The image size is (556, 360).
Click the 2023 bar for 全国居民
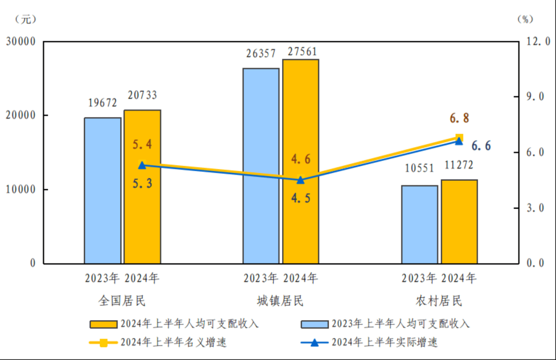click(102, 190)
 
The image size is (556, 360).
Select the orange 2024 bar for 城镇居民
click(300, 161)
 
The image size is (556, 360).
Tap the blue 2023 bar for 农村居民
click(420, 224)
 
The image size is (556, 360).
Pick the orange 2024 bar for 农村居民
click(459, 222)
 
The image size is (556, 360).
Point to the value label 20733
click(142, 95)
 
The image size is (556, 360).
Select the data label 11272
click(459, 165)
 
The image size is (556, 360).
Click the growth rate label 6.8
click(459, 118)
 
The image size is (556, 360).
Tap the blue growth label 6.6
click(481, 146)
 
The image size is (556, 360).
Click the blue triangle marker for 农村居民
click(459, 141)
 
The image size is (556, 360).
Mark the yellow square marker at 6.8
click(459, 137)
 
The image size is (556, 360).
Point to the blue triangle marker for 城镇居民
click(300, 180)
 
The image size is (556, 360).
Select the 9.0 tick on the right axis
click(535, 97)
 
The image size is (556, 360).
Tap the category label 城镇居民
click(280, 301)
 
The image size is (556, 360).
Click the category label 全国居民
click(122, 301)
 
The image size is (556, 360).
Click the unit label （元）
click(26, 19)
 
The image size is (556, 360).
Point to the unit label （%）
click(525, 19)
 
